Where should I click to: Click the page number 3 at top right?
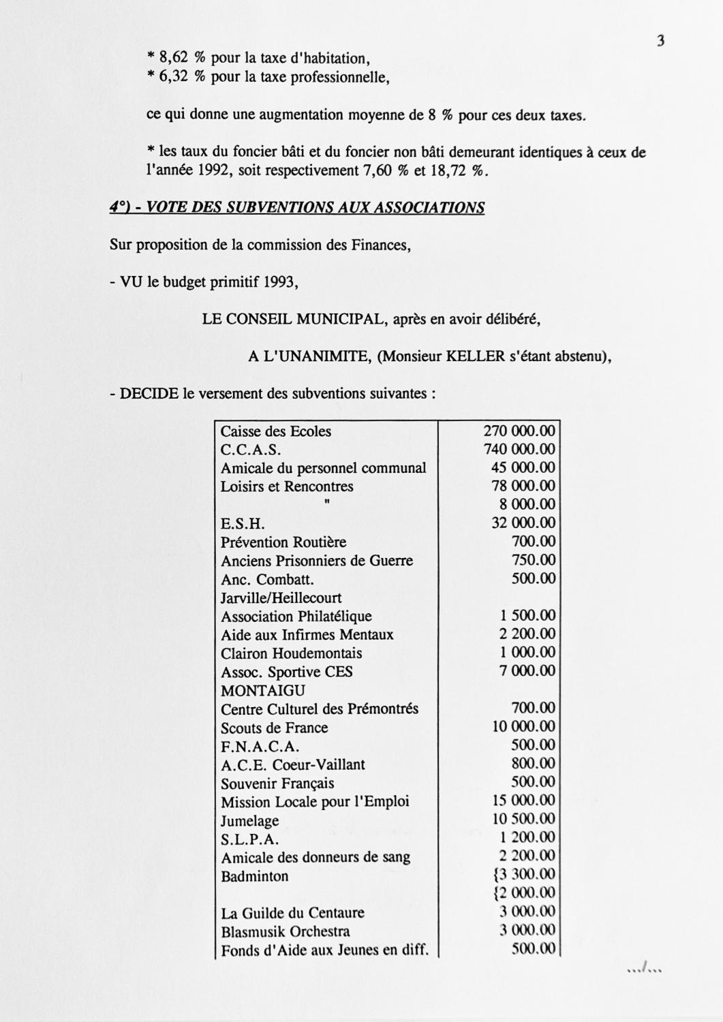click(x=660, y=41)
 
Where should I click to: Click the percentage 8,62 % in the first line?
click(x=181, y=59)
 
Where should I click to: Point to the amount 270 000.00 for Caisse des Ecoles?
click(x=519, y=431)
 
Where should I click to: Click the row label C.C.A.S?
click(x=251, y=450)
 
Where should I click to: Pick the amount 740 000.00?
click(x=519, y=449)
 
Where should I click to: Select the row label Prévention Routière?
click(x=283, y=542)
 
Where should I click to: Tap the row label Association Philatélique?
click(x=296, y=617)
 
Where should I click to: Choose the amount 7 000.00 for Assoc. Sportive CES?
click(x=529, y=671)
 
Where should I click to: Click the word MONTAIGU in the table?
click(x=263, y=690)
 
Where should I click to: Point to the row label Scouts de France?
click(x=274, y=728)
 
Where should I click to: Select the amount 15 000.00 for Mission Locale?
click(x=523, y=801)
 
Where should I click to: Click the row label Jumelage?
click(x=249, y=821)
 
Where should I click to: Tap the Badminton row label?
click(x=254, y=876)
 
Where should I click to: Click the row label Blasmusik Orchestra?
click(x=285, y=931)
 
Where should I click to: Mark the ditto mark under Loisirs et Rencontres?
click(x=327, y=503)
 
